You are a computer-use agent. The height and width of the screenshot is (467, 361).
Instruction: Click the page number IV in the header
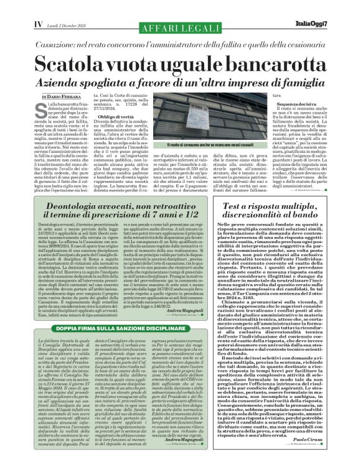tap(38, 24)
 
